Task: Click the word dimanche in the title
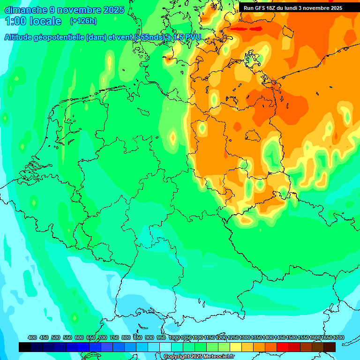[26, 10]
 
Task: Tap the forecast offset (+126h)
[83, 21]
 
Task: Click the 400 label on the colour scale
[32, 337]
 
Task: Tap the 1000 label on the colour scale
[174, 337]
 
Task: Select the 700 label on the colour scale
[103, 337]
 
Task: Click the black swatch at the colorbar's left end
[25, 347]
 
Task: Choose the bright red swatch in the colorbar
[283, 347]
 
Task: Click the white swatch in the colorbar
[165, 347]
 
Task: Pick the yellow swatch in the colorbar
[236, 347]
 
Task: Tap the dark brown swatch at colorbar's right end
[330, 347]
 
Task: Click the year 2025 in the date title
[114, 10]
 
